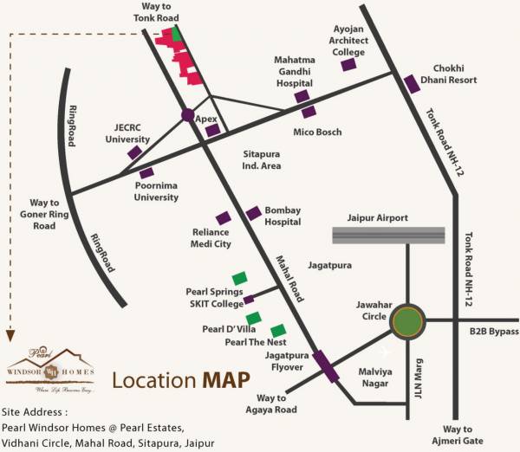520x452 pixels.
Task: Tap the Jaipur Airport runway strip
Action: (x=388, y=235)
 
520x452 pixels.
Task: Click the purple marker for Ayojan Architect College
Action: (x=348, y=64)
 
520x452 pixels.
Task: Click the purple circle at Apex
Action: (x=187, y=114)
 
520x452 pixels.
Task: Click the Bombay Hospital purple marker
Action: (x=253, y=213)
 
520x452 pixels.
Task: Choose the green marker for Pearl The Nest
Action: (x=278, y=331)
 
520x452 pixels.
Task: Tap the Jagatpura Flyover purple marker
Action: (x=326, y=365)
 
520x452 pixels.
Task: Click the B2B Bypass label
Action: (x=493, y=332)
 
